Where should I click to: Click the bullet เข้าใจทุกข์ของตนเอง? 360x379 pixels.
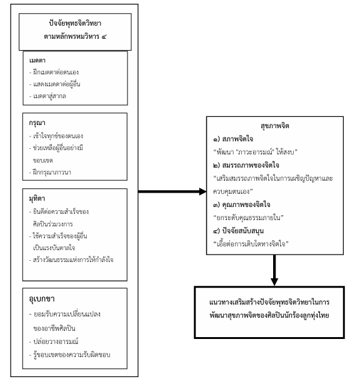tap(62, 134)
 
